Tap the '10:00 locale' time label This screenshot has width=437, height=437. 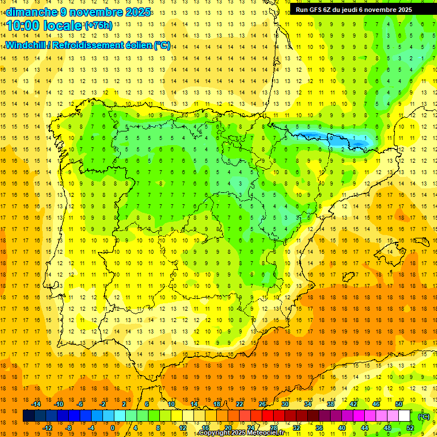pyautogui.click(x=45, y=26)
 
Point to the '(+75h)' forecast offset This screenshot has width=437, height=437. pyautogui.click(x=98, y=25)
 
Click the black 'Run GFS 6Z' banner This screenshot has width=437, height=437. pyautogui.click(x=359, y=9)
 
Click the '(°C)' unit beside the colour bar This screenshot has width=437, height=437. pyautogui.click(x=424, y=417)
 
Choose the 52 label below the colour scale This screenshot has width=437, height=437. pyautogui.click(x=410, y=428)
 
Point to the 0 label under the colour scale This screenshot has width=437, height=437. pyautogui.click(x=113, y=428)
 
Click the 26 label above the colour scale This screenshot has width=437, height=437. pyautogui.click(x=262, y=404)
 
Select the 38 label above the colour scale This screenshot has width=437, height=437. pyautogui.click(x=330, y=404)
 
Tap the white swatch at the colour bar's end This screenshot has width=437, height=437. pyautogui.click(x=405, y=416)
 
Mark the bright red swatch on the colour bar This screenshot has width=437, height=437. pyautogui.click(x=268, y=416)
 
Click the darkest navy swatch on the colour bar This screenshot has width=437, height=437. pyautogui.click(x=28, y=416)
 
